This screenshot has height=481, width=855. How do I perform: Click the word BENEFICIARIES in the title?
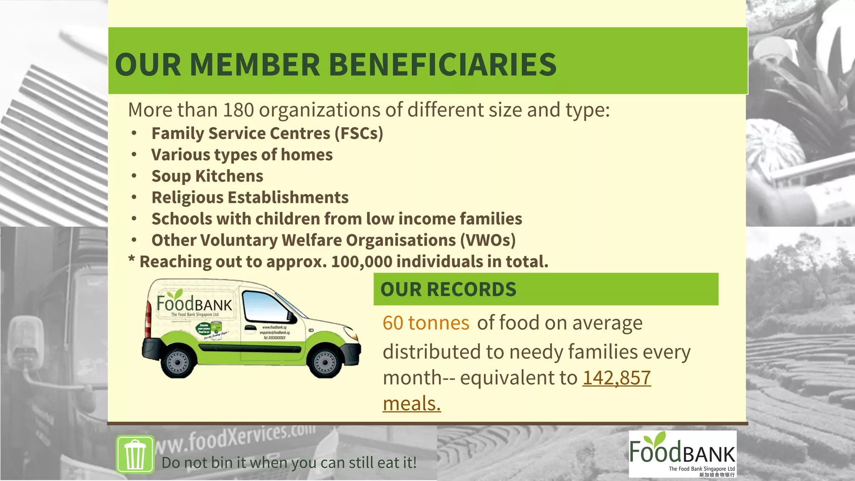(443, 65)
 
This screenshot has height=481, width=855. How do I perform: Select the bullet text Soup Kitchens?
(207, 176)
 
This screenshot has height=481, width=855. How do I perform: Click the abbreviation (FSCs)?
(359, 134)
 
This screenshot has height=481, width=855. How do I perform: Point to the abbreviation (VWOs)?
(488, 240)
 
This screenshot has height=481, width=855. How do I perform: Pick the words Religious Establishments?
(250, 197)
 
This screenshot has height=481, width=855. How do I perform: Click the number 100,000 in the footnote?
(362, 262)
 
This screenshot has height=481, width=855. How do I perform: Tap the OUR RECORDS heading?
(448, 289)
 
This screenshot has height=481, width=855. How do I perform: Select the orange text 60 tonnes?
(426, 323)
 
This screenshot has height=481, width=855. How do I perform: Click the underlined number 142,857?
(616, 378)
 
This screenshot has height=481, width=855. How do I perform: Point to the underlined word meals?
(412, 404)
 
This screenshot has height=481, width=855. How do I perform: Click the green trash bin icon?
(135, 454)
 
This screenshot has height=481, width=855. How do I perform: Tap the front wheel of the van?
(325, 362)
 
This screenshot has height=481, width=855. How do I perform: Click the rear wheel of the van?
(177, 361)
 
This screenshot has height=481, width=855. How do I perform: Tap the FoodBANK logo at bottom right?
(682, 453)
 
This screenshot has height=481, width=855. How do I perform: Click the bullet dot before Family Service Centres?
(134, 134)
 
